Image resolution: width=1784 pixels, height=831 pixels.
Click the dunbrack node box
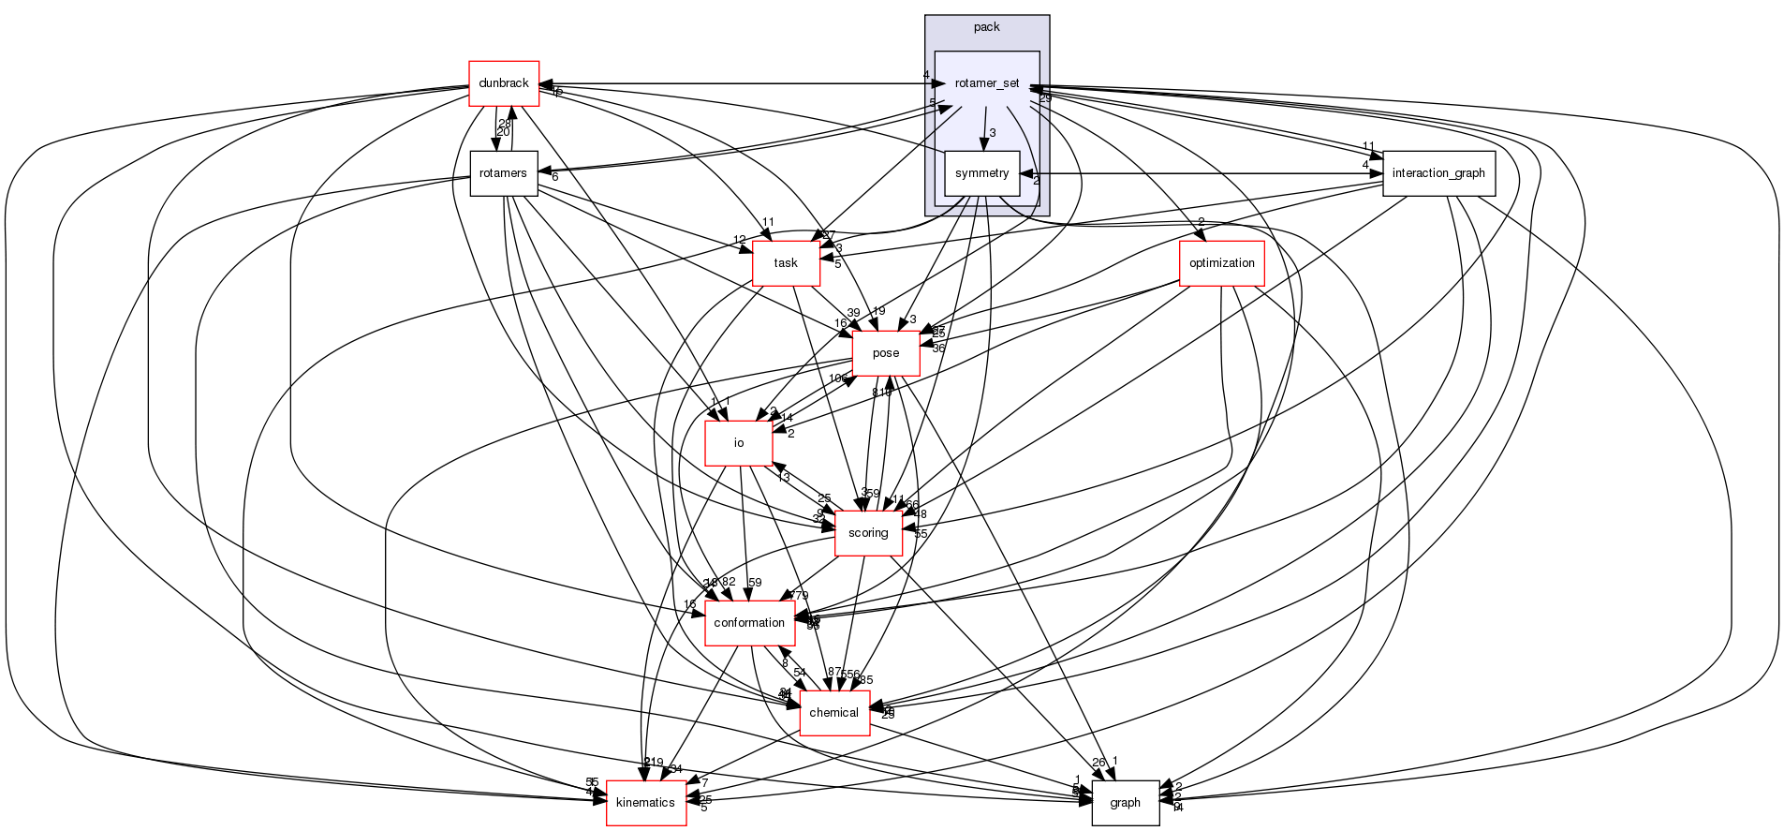[x=503, y=83]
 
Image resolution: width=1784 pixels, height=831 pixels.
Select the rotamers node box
[x=503, y=173]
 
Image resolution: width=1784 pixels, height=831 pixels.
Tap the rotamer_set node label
[x=986, y=83]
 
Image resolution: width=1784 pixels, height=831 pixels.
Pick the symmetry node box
[x=981, y=173]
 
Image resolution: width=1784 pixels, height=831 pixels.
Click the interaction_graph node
[x=1438, y=173]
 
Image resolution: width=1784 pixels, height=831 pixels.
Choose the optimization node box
[x=1221, y=263]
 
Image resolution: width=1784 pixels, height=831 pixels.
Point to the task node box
[x=786, y=263]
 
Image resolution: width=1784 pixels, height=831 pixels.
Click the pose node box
[x=885, y=353]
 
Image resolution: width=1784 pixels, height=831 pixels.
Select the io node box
[x=738, y=443]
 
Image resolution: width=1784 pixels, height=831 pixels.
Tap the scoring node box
[x=867, y=533]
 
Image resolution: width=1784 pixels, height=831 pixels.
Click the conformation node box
[x=749, y=623]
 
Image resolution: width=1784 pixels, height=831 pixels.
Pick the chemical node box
[x=833, y=713]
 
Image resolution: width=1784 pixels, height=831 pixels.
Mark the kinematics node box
[x=646, y=803]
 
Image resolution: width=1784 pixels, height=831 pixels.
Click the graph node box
[x=1125, y=803]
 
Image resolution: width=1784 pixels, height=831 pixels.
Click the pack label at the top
[x=986, y=26]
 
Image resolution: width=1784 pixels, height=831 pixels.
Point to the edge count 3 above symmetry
[x=993, y=133]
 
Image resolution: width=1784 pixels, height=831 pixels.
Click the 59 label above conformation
[x=755, y=583]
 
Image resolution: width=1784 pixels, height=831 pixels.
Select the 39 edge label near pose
[x=852, y=313]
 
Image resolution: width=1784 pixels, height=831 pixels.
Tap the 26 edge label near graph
[x=1098, y=763]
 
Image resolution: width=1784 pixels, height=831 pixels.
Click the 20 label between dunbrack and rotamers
[x=503, y=132]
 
